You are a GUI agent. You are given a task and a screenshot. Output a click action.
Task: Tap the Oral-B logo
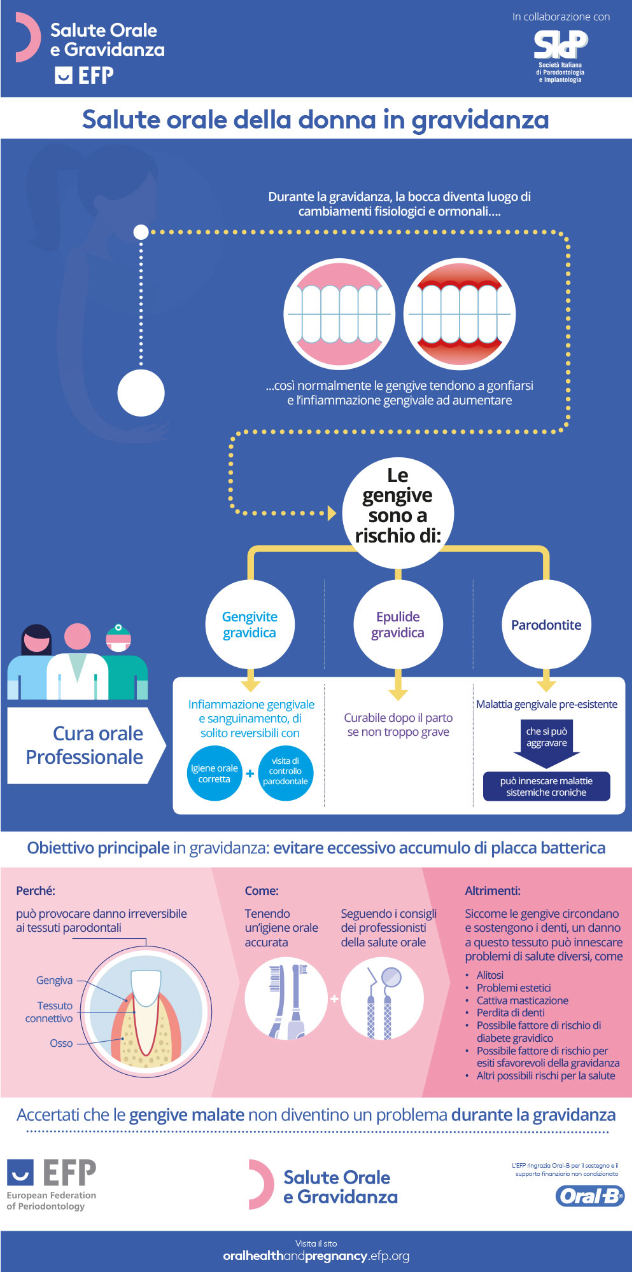(x=590, y=1196)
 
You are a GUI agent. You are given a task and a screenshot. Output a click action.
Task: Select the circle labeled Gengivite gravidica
(x=250, y=625)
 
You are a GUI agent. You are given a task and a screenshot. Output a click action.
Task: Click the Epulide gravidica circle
(x=398, y=625)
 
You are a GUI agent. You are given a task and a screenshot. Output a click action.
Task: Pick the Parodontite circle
(x=546, y=625)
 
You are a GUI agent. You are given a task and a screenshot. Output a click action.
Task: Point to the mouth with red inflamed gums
(x=459, y=314)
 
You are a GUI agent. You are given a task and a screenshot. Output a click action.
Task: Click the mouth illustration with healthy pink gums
(x=339, y=314)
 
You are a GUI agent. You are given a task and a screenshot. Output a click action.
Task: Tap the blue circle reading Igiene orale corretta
(x=215, y=773)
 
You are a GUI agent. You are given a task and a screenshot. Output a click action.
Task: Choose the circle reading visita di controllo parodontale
(x=285, y=771)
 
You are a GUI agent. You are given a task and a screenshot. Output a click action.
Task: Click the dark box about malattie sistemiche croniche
(x=546, y=786)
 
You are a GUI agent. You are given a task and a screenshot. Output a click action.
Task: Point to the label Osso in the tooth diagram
(x=62, y=1043)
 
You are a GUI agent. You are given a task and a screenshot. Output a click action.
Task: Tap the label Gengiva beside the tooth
(x=55, y=980)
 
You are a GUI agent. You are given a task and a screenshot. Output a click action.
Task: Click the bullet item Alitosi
(x=490, y=975)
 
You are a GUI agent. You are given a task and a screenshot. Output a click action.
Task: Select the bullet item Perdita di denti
(x=511, y=1013)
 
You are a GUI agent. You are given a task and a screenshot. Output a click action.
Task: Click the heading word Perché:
(x=36, y=890)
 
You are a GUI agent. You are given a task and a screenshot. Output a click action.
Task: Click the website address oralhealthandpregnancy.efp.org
(x=316, y=1256)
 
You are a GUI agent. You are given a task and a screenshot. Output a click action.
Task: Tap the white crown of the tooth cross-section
(x=146, y=986)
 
